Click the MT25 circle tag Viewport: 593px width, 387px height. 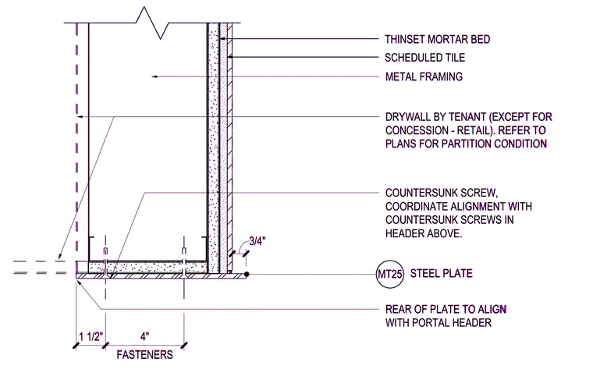[390, 274]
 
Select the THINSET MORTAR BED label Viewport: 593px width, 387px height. [438, 39]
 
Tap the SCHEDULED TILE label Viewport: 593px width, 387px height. [425, 58]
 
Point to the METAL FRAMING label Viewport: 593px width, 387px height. [424, 76]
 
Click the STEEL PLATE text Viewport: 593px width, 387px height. [442, 274]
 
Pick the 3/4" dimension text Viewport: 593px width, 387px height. [257, 241]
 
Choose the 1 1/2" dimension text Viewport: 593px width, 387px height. [91, 336]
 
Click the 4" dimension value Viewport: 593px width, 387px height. [145, 336]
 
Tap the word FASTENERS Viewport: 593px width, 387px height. [145, 355]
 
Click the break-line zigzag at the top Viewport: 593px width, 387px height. [151, 23]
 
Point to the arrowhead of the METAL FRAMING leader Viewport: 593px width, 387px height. [154, 76]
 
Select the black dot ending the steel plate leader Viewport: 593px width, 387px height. [247, 275]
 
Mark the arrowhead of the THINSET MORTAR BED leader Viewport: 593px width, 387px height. [222, 38]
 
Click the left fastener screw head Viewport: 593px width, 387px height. [105, 250]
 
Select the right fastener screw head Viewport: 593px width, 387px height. [184, 250]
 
